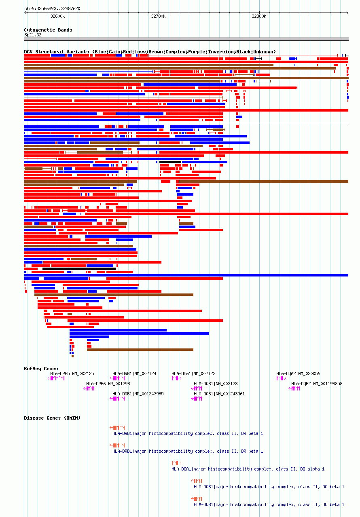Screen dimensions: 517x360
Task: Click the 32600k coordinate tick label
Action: click(57, 17)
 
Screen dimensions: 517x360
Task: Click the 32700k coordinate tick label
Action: click(158, 17)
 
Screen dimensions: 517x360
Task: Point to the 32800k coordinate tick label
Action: click(259, 17)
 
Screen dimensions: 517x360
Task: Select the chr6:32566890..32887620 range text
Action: click(52, 8)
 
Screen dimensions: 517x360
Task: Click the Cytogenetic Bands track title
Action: click(48, 30)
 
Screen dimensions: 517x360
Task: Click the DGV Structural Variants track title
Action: click(150, 52)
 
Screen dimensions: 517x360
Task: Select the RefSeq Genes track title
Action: click(41, 369)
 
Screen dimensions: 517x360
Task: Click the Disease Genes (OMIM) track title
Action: click(52, 418)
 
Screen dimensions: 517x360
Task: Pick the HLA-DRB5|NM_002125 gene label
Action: click(72, 374)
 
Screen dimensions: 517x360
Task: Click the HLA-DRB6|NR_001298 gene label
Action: click(108, 384)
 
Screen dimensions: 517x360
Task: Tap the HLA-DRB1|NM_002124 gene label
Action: click(134, 374)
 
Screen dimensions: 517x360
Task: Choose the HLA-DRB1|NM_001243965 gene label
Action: click(138, 394)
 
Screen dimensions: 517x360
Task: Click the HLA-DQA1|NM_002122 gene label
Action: click(193, 374)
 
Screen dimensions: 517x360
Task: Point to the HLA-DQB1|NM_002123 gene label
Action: click(216, 384)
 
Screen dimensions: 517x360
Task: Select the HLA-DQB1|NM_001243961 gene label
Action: click(219, 394)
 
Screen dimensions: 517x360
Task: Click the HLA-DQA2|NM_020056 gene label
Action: click(298, 374)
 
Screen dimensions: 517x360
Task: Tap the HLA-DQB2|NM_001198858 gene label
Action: click(317, 384)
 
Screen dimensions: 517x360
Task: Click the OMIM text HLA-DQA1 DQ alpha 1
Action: click(248, 469)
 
